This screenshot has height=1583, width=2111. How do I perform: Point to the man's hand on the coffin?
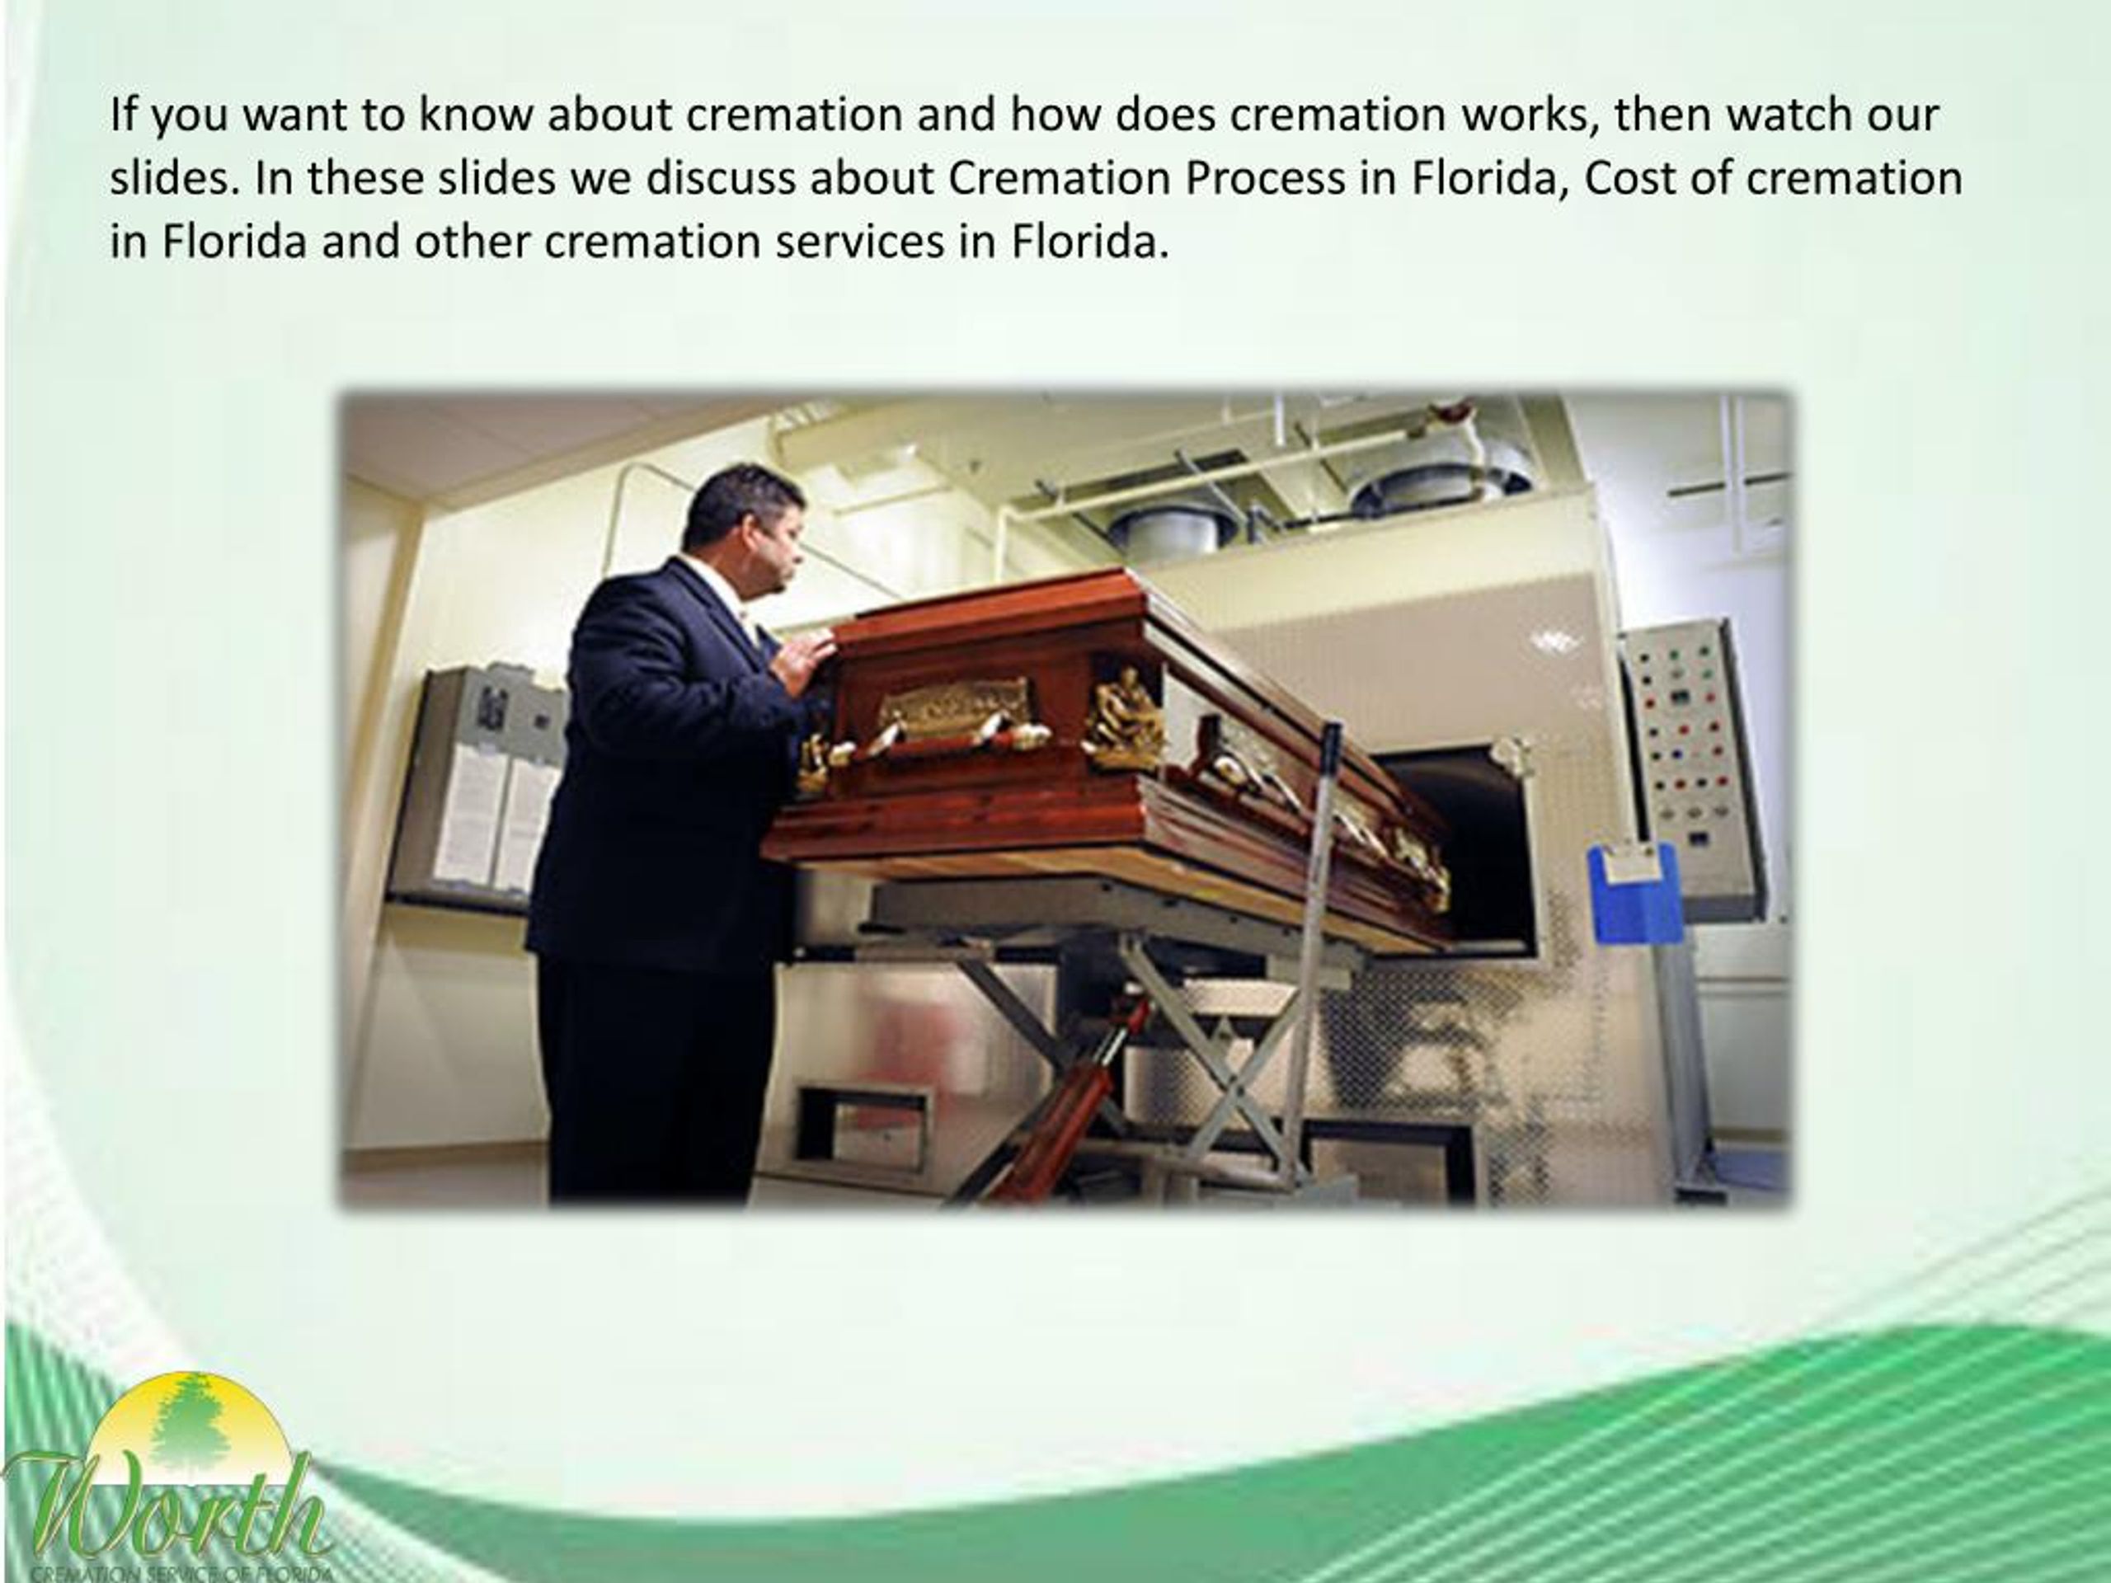tap(807, 659)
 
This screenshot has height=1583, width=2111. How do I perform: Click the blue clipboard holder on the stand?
tap(1634, 892)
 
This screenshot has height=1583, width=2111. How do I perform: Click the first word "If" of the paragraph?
tap(123, 115)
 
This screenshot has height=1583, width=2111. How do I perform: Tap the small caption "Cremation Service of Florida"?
tap(181, 1575)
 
